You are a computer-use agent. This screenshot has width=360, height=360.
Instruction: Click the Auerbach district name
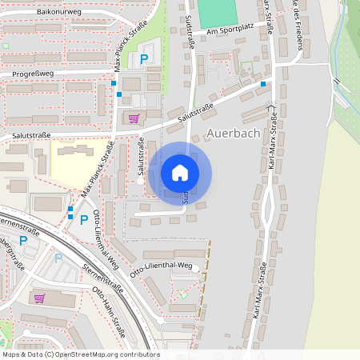(232, 133)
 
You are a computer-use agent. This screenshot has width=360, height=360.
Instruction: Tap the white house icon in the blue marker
(180, 173)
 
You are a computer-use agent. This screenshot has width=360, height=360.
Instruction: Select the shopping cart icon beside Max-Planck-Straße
(133, 118)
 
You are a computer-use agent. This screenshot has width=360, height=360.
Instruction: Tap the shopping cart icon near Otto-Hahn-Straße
(39, 298)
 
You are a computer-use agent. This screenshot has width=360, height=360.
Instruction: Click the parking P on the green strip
(144, 59)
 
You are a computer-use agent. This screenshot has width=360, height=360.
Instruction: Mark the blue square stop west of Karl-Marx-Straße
(263, 83)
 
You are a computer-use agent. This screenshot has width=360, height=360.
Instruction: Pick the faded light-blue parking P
(58, 258)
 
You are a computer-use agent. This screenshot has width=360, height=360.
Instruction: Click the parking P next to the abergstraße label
(22, 239)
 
